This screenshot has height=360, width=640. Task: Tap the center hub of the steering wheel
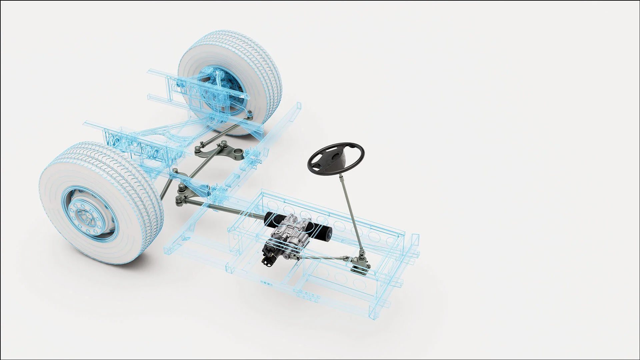pos(334,161)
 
